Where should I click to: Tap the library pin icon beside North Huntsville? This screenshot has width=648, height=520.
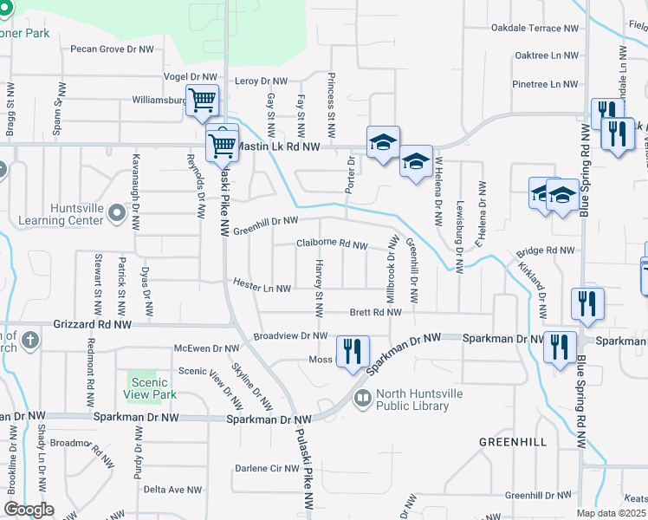[363, 399]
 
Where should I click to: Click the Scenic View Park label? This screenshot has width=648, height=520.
[152, 388]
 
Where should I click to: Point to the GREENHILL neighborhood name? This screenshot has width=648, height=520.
[513, 442]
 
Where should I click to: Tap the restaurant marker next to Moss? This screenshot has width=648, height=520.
[352, 352]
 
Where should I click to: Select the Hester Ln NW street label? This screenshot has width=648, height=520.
[262, 284]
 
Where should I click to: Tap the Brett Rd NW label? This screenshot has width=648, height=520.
[375, 312]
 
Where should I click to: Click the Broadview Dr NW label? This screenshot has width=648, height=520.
[290, 335]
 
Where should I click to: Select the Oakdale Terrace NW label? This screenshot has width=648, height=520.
[534, 28]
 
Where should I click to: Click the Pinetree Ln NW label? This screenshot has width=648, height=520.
[545, 84]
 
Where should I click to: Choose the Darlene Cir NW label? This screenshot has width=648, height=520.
[267, 468]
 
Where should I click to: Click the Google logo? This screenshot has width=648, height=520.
[29, 510]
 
